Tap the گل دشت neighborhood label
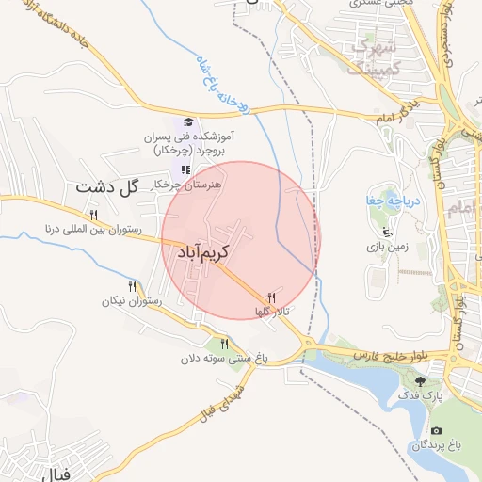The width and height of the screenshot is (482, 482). tap(107, 185)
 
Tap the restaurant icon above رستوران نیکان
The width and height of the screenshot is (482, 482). tap(132, 286)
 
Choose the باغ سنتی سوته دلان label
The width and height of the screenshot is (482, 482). tap(223, 358)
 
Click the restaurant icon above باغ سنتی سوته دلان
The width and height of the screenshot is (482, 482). tap(224, 344)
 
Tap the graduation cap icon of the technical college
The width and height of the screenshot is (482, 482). tap(187, 122)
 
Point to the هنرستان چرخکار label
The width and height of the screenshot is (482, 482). tap(186, 185)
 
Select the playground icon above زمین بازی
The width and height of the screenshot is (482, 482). tap(386, 233)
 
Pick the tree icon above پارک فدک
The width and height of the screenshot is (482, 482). tap(420, 382)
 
